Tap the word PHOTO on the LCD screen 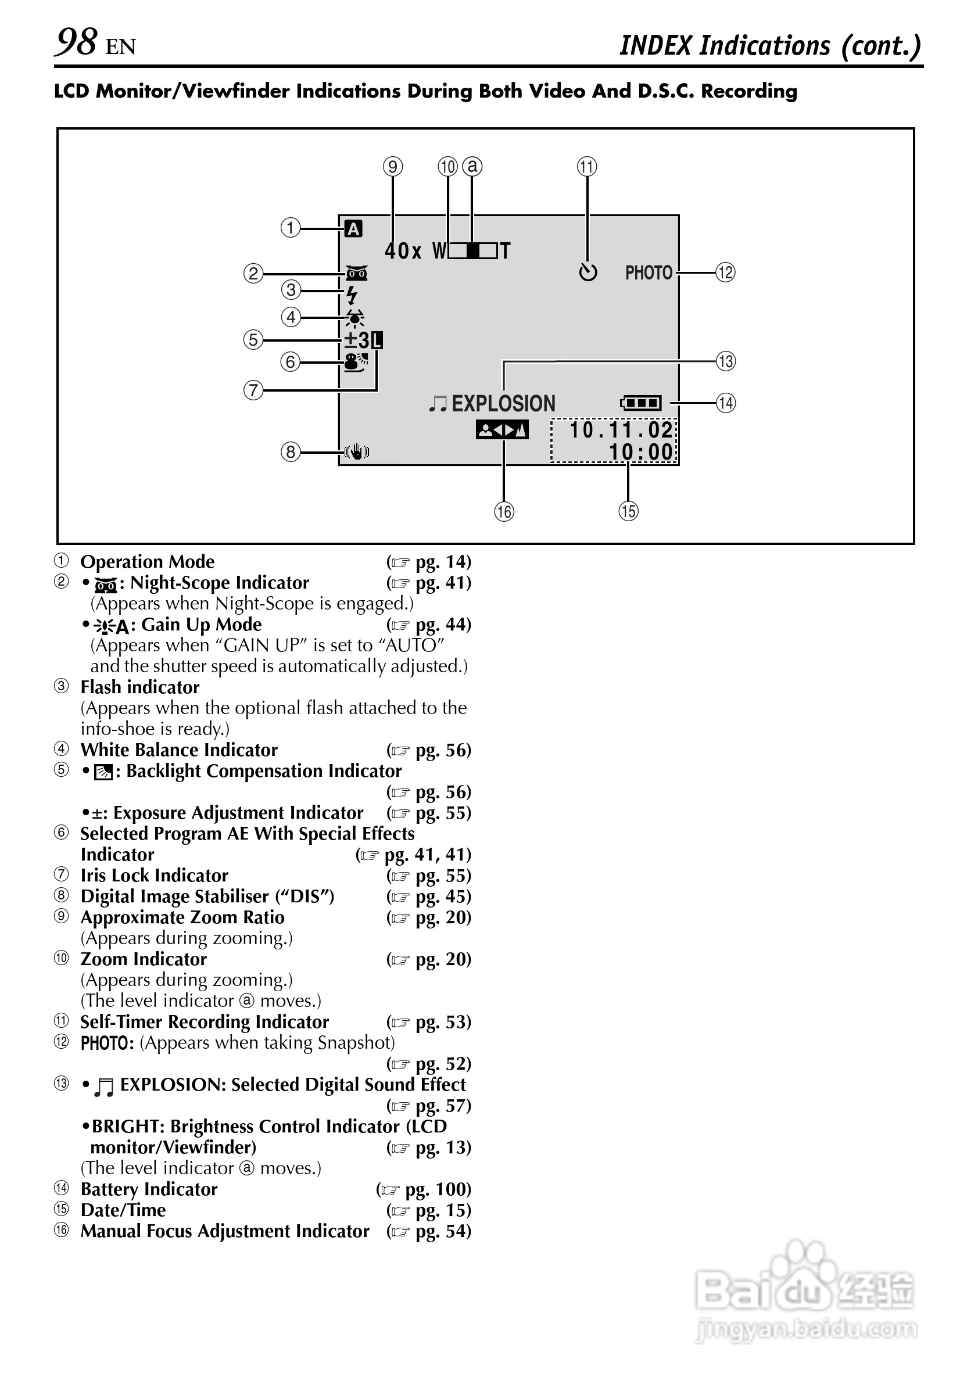[648, 273]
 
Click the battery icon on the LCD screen [641, 402]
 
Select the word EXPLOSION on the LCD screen [503, 403]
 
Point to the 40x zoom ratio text [403, 251]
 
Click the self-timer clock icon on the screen [588, 273]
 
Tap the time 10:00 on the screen [640, 451]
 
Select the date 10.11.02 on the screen [621, 430]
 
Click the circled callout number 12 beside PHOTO [725, 273]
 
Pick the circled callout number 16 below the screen [504, 512]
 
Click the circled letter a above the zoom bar [472, 166]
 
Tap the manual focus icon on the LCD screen [501, 430]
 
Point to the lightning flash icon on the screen [352, 295]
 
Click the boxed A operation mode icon [353, 229]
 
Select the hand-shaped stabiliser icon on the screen [357, 451]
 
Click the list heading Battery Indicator [149, 1189]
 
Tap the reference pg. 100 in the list [436, 1189]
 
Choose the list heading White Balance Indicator [179, 750]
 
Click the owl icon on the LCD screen [357, 273]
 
